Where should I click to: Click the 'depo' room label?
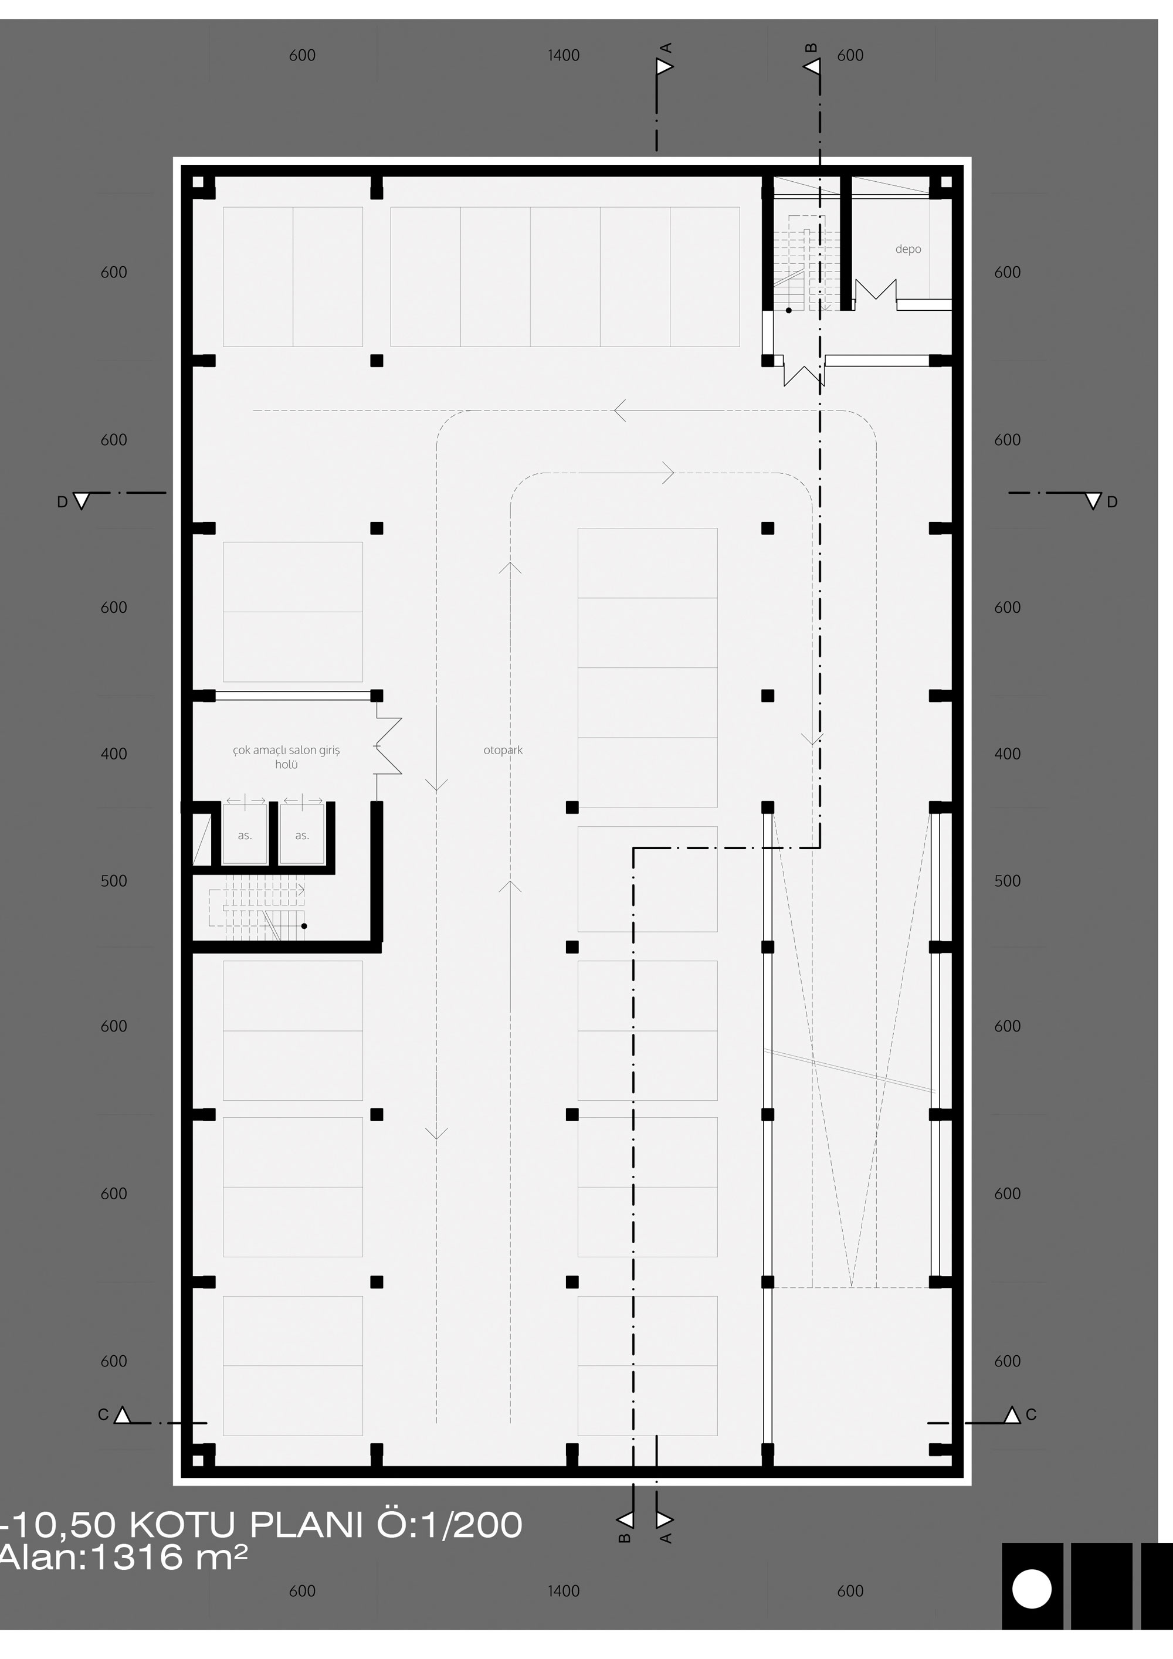pyautogui.click(x=908, y=249)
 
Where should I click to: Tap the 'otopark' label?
pyautogui.click(x=503, y=750)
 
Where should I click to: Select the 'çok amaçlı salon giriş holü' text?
pyautogui.click(x=286, y=757)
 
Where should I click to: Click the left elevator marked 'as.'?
pyautogui.click(x=245, y=834)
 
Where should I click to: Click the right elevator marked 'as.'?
pyautogui.click(x=302, y=834)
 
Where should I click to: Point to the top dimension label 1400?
pyautogui.click(x=564, y=56)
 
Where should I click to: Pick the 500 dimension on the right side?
pyautogui.click(x=1008, y=881)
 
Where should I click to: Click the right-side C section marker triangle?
pyautogui.click(x=1012, y=1414)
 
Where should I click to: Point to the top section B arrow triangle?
pyautogui.click(x=812, y=67)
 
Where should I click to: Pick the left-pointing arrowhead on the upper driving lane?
pyautogui.click(x=619, y=410)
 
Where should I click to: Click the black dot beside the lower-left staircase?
pyautogui.click(x=304, y=925)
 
